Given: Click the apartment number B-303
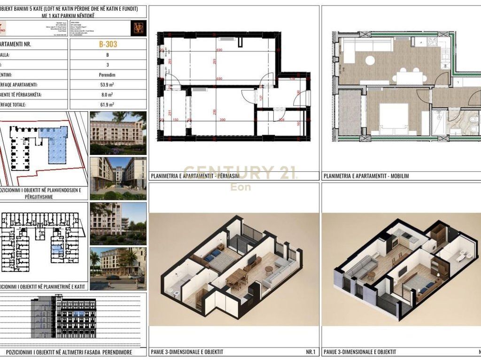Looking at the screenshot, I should point(108,45).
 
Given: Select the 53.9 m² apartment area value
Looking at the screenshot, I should point(108,85).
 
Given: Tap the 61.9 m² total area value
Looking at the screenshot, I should point(108,105).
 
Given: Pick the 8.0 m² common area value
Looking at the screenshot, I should point(108,95).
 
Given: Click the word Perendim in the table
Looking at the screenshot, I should point(108,75).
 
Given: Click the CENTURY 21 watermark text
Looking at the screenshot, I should point(240,173).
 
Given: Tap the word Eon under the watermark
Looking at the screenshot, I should point(240,187).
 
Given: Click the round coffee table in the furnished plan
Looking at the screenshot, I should point(371,60).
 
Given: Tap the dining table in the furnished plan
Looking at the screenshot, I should point(410,77).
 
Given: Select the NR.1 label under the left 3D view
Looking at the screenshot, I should point(310,352).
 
